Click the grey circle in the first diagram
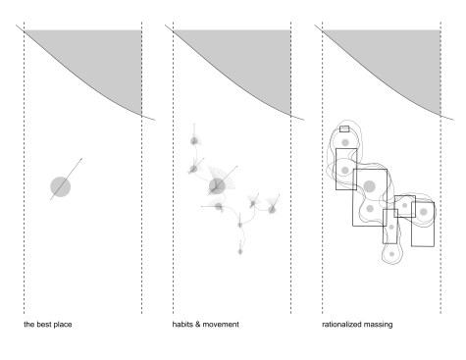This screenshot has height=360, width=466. point(61,186)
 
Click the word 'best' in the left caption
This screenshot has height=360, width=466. point(44,325)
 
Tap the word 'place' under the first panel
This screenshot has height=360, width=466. point(63,325)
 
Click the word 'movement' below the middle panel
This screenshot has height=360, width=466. point(221,325)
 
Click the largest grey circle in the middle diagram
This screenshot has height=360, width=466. point(217,186)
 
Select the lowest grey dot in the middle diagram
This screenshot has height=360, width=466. point(240,251)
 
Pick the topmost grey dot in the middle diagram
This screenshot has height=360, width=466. point(194,141)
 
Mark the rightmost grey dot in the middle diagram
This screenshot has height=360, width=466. point(272,209)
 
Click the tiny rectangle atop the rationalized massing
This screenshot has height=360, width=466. point(344,129)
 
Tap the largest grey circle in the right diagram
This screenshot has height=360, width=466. point(369,186)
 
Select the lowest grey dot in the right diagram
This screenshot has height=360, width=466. point(391,254)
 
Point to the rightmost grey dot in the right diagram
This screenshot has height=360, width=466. point(424,212)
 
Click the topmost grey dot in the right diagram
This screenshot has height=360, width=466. point(345,142)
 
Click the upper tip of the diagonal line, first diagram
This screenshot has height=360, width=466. point(82,158)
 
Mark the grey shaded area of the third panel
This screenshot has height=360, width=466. point(404,59)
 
